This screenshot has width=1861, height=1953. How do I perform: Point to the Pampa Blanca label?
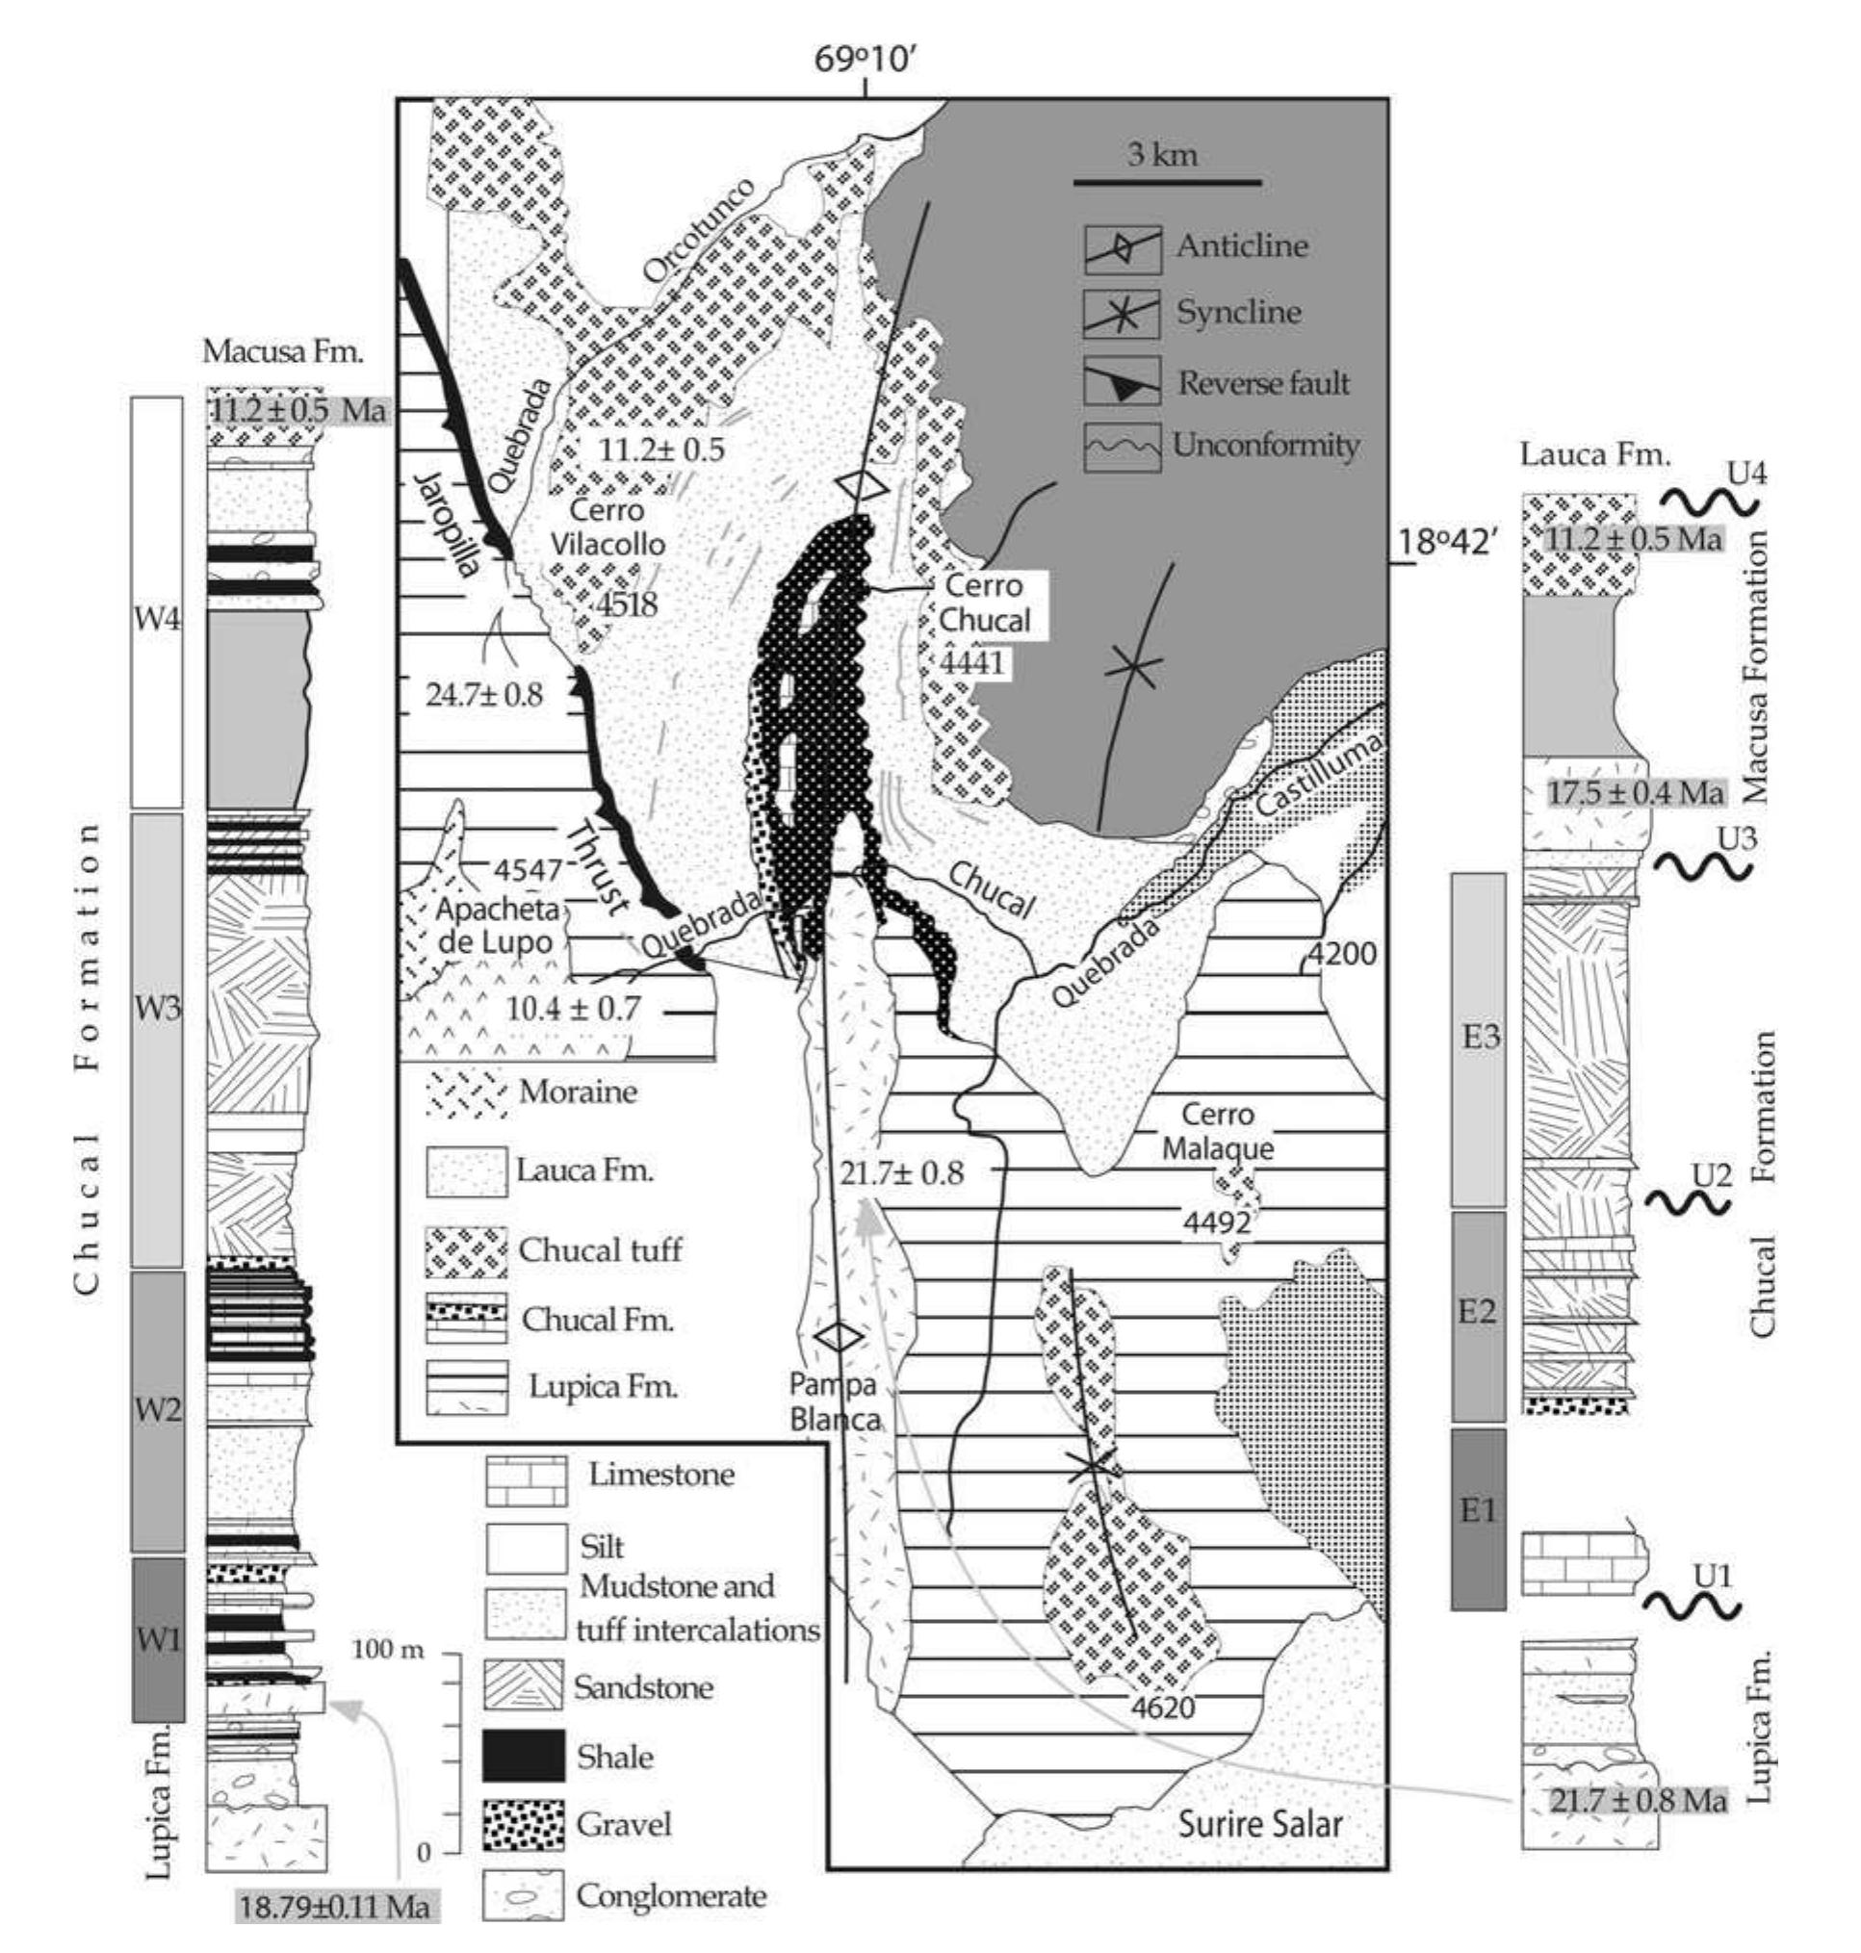[x=837, y=1401]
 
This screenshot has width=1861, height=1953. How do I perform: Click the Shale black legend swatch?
[x=525, y=1756]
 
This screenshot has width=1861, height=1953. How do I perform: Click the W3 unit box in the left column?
[x=158, y=1040]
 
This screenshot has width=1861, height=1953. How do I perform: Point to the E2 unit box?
[x=1478, y=1315]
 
